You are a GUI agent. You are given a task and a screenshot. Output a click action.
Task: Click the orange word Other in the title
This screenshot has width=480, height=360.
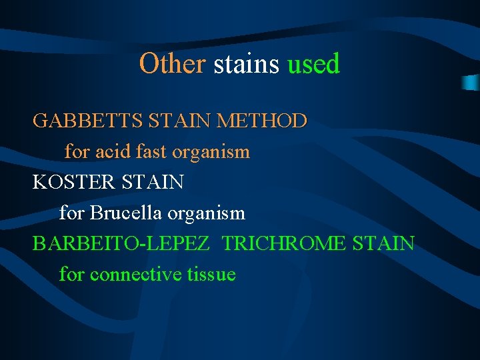(173, 64)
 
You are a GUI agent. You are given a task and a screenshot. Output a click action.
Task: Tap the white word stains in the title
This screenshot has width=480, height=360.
(247, 64)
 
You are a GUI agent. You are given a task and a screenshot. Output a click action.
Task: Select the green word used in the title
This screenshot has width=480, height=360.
(313, 64)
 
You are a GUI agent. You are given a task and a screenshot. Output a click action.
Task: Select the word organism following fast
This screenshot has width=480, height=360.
(211, 153)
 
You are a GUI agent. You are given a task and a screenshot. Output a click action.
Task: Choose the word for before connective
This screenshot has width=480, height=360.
(72, 274)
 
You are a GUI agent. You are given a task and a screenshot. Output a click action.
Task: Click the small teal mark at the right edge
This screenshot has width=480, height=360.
(471, 81)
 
